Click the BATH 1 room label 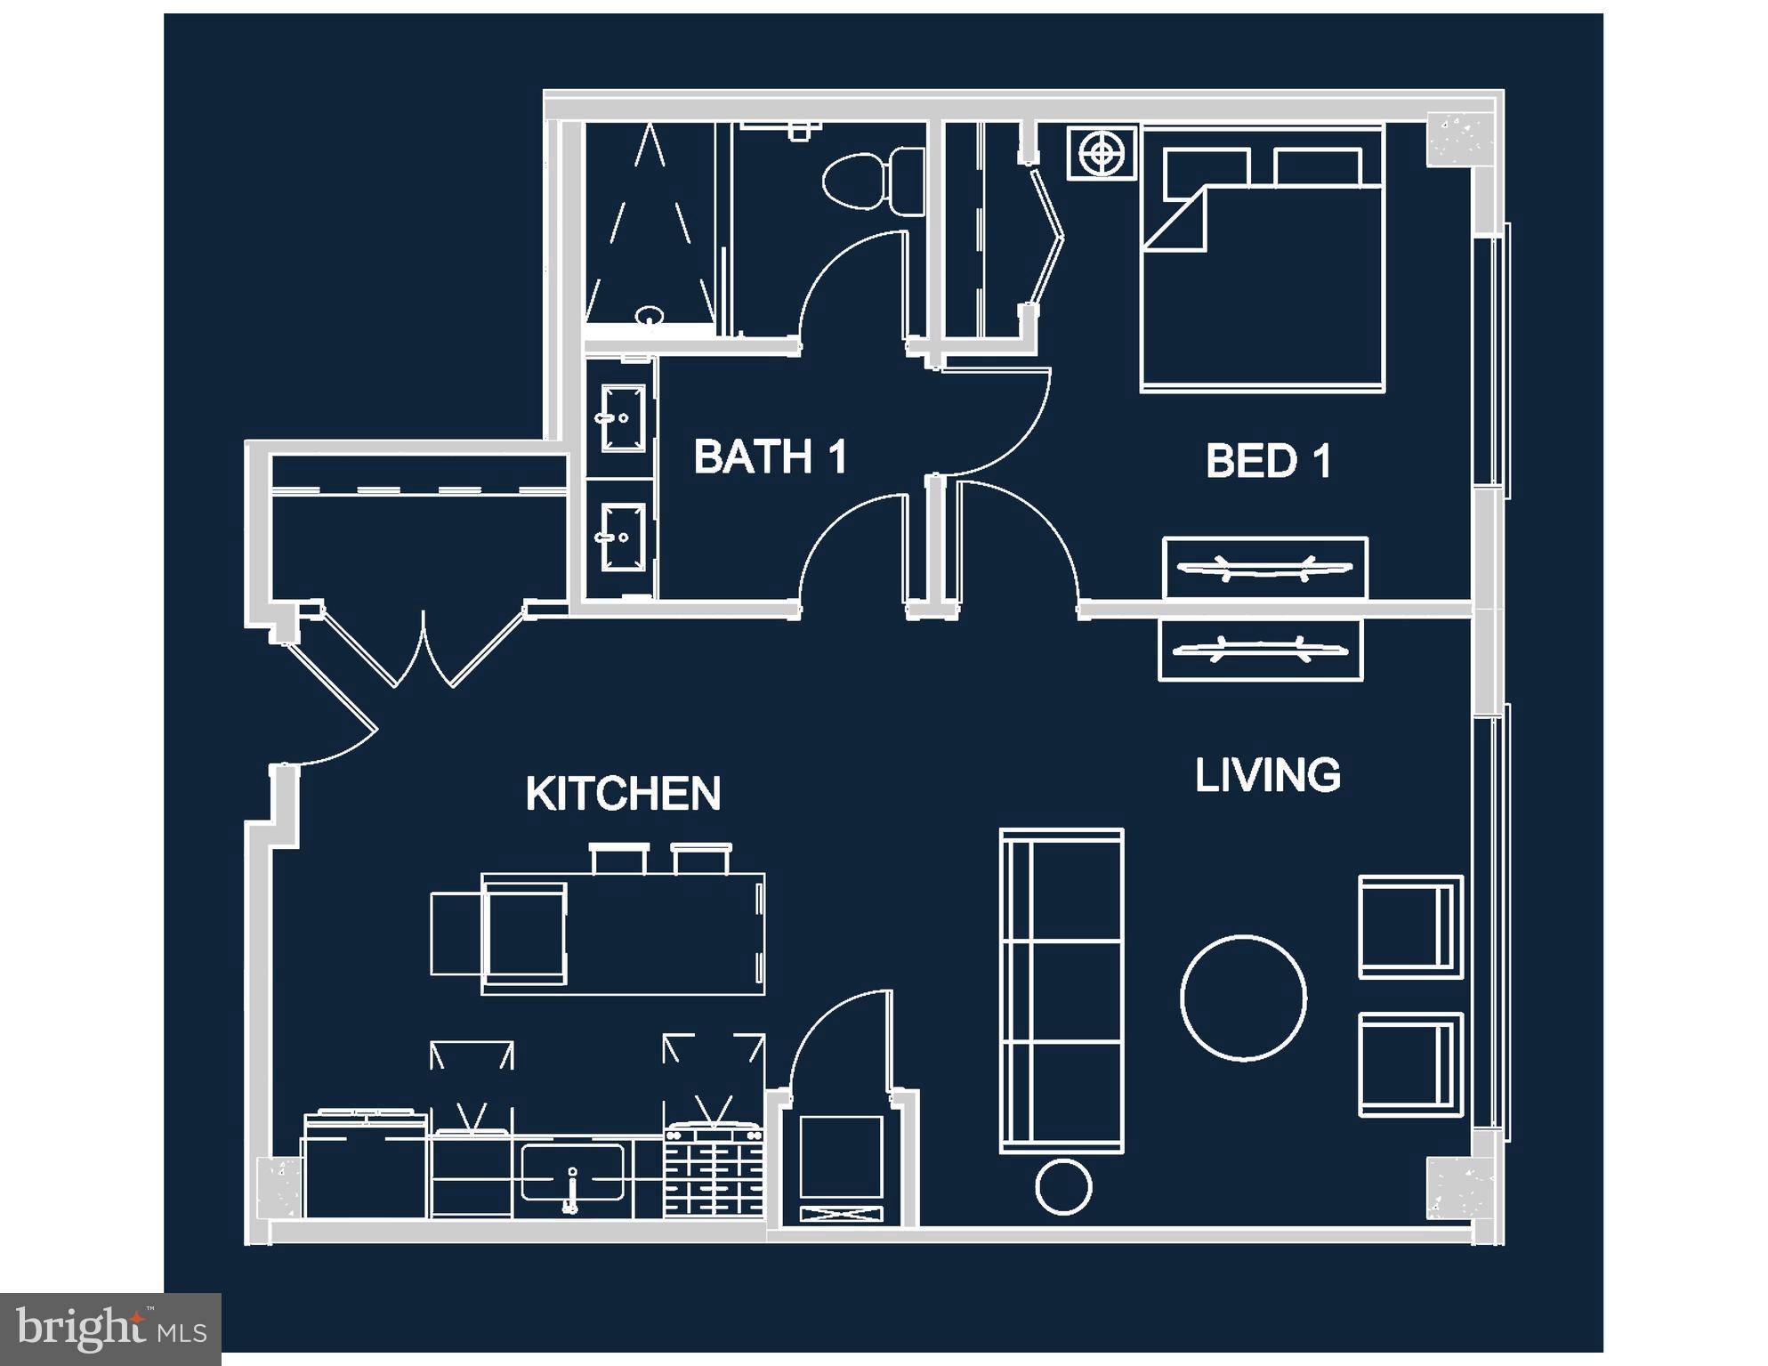(x=770, y=457)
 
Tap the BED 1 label (x=1268, y=461)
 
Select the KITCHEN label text (x=623, y=794)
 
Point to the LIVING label (x=1268, y=775)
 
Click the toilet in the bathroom (x=872, y=181)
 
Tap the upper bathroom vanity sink (x=623, y=417)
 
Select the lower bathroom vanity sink (x=623, y=537)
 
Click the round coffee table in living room (x=1243, y=998)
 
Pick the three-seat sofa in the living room (x=1062, y=990)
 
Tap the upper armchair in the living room (x=1409, y=926)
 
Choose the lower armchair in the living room (x=1409, y=1064)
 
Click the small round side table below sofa (x=1063, y=1186)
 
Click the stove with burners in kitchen (x=714, y=1171)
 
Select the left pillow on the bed (x=1206, y=168)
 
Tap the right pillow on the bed (x=1317, y=167)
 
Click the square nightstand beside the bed (x=1102, y=153)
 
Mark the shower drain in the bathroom (x=650, y=315)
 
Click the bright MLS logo (x=110, y=1329)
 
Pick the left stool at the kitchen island (x=618, y=859)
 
